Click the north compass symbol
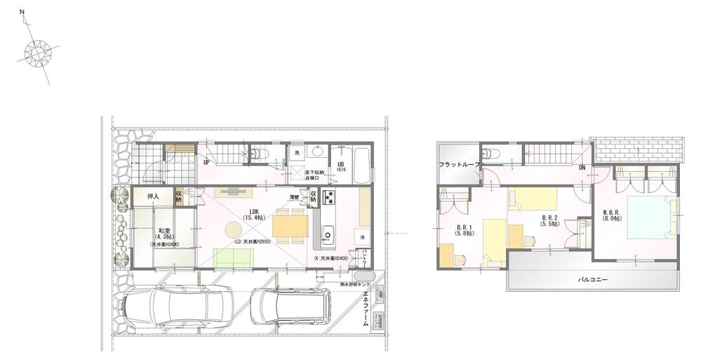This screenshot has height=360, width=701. pyautogui.click(x=38, y=53)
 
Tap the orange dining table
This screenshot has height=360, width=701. pyautogui.click(x=289, y=226)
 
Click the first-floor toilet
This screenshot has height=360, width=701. pyautogui.click(x=258, y=152)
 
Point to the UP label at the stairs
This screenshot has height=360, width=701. pyautogui.click(x=206, y=163)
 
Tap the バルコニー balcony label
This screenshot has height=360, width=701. pyautogui.click(x=592, y=278)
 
